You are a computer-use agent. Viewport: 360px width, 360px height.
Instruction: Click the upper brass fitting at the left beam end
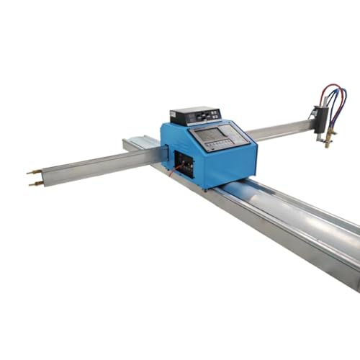[34, 171]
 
